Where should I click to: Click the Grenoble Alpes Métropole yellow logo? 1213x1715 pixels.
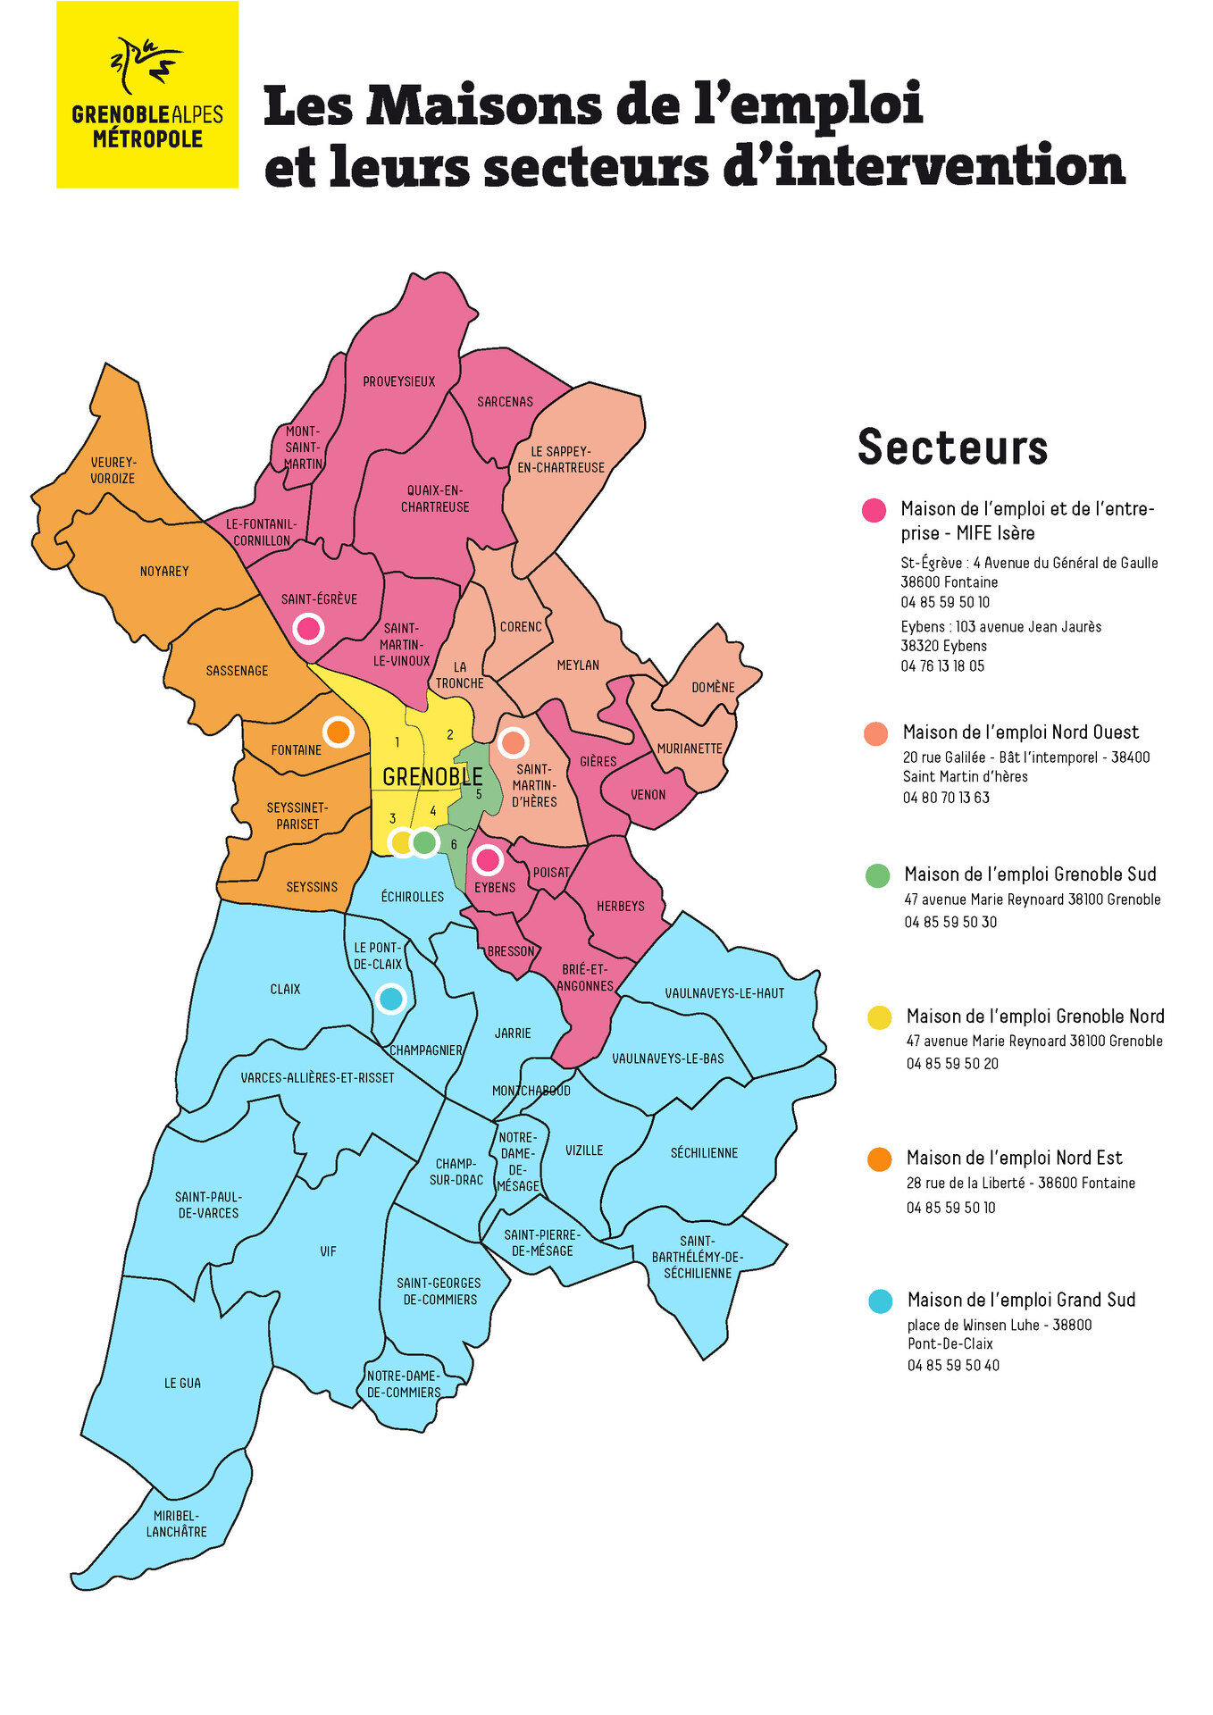click(147, 95)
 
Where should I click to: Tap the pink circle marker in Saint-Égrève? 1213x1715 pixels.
click(308, 628)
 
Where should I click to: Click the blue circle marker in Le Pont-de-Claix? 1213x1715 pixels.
click(390, 998)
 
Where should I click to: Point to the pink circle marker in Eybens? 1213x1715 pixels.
click(488, 860)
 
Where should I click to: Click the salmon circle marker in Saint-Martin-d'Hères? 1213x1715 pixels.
click(513, 741)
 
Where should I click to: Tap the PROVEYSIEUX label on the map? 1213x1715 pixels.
click(398, 381)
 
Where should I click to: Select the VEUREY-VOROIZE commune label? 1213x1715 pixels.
click(113, 470)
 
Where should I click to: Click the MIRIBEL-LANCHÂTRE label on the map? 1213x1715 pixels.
click(176, 1524)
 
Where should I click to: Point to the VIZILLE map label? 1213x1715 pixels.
click(584, 1150)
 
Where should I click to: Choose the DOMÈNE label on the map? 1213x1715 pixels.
click(713, 687)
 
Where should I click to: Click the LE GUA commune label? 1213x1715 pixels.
click(182, 1383)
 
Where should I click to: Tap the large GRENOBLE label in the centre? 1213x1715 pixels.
click(432, 776)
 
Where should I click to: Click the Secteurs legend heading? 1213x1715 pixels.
click(952, 447)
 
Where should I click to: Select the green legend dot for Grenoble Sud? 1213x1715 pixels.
click(878, 875)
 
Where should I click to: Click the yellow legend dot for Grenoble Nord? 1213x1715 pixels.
click(880, 1017)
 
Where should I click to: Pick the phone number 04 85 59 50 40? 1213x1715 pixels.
click(953, 1365)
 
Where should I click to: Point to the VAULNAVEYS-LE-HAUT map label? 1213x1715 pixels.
click(724, 993)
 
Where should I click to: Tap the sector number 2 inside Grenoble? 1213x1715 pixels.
click(450, 734)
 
